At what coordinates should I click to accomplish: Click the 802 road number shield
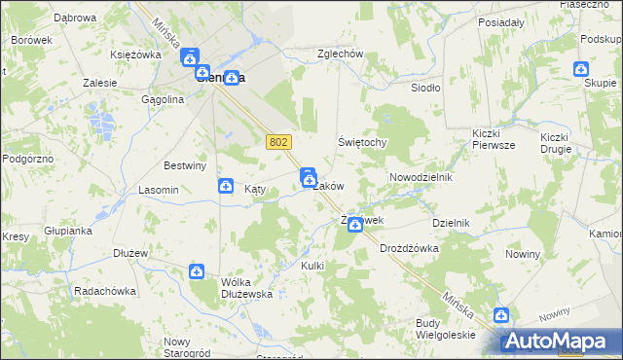278,142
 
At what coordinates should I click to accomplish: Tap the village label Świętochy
363,142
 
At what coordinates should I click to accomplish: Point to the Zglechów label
340,54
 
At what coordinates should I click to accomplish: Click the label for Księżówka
135,54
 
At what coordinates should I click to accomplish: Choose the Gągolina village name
163,99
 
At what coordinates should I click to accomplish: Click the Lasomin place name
158,190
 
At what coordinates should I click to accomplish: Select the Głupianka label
67,231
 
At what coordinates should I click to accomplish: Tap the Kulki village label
312,266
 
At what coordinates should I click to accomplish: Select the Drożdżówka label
409,248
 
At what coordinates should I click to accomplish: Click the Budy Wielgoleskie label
445,328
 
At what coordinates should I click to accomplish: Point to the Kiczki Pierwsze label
493,138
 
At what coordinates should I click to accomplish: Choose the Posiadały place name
502,20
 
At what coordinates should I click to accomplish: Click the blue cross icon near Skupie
581,69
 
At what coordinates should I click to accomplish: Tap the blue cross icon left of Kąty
226,186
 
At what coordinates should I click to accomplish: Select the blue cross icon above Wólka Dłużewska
197,272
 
